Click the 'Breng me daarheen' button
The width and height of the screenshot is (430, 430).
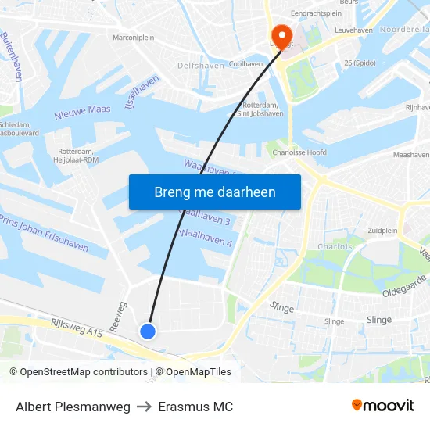click(x=214, y=192)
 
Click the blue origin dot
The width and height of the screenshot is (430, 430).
click(x=148, y=331)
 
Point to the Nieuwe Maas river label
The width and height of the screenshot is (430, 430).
click(x=82, y=112)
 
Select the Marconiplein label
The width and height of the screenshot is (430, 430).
click(x=134, y=37)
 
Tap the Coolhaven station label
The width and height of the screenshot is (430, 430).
click(x=246, y=64)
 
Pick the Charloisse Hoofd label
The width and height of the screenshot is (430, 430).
click(x=299, y=152)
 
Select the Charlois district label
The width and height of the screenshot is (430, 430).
click(x=335, y=246)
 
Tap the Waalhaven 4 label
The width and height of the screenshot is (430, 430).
click(x=206, y=237)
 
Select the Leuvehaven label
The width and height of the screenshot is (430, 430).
click(x=353, y=30)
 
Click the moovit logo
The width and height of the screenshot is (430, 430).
click(x=383, y=405)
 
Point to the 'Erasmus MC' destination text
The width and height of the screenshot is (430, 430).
click(x=195, y=407)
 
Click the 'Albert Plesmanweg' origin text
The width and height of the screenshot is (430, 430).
click(x=73, y=407)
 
